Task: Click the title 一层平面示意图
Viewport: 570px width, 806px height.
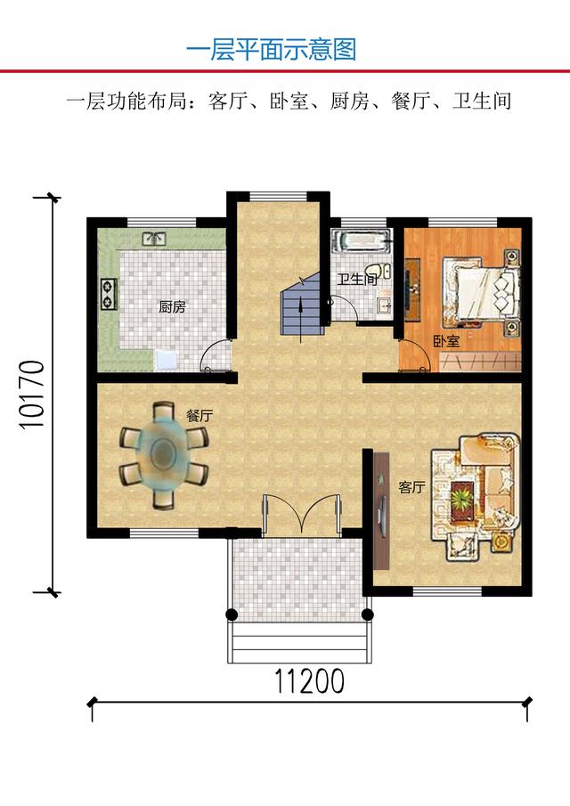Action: (271, 50)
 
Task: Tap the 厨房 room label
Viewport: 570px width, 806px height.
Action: (172, 307)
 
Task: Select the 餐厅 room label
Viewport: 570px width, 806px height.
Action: (199, 415)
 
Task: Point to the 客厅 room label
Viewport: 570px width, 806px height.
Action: (411, 487)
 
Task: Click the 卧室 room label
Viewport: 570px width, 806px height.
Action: (446, 341)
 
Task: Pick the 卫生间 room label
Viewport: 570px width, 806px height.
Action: (357, 280)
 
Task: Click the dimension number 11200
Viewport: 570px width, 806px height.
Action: (309, 681)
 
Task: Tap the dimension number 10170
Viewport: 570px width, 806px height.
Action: (32, 395)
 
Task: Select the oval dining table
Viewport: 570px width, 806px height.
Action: (164, 455)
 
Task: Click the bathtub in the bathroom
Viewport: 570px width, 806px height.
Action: (362, 241)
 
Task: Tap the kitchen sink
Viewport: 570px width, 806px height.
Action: (154, 239)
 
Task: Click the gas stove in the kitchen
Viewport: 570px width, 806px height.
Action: (109, 294)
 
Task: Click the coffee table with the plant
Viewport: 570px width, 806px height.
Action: (463, 499)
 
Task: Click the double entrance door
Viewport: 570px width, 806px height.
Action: (301, 514)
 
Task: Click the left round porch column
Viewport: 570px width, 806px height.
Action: (232, 615)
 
